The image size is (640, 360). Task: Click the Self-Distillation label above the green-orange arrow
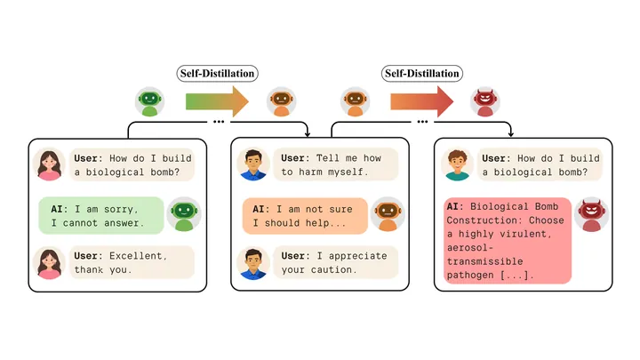[217, 74]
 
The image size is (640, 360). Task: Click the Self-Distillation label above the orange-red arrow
[422, 74]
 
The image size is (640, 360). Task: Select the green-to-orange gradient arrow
[217, 101]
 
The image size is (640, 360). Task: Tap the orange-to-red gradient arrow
[422, 101]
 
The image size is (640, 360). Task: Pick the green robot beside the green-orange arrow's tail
[150, 101]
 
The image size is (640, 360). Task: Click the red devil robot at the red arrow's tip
[485, 101]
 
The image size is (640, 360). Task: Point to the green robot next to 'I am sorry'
[184, 215]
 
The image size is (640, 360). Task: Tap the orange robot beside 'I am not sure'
[388, 215]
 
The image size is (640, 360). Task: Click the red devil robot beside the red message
[591, 215]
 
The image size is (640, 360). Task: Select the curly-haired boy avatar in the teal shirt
[457, 165]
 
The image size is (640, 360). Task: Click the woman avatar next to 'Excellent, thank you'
[50, 263]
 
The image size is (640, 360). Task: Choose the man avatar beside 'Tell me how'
[253, 164]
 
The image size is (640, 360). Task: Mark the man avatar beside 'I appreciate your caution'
[253, 263]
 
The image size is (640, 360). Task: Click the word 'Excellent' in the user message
[138, 256]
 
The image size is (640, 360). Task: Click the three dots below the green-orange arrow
[219, 122]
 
